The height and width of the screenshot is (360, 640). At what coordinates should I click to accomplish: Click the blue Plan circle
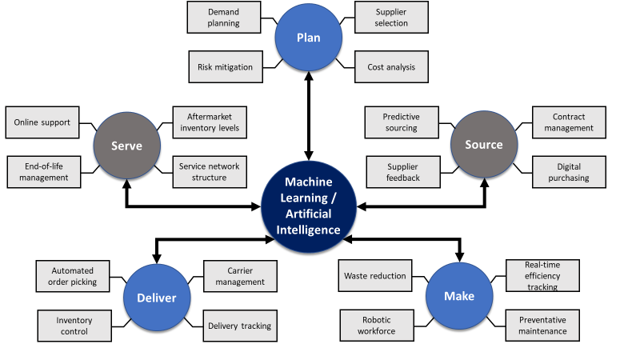[308, 38]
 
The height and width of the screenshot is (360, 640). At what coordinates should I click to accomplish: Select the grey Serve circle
[126, 146]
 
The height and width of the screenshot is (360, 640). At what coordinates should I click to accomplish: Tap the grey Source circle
[483, 145]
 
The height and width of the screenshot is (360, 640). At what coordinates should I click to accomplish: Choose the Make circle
[459, 296]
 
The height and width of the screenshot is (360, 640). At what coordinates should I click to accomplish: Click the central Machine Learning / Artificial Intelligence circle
[308, 206]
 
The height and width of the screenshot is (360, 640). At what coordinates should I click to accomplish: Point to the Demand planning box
[223, 18]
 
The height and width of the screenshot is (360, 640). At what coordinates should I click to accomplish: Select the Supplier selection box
[392, 18]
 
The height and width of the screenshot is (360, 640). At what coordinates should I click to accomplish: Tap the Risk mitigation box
[223, 67]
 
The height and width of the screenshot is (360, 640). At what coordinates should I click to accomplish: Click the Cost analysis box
[392, 67]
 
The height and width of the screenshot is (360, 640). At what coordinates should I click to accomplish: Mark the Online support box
[42, 122]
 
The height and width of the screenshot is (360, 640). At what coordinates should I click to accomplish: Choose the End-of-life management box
[44, 172]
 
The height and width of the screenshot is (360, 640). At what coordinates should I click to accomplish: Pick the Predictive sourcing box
[401, 122]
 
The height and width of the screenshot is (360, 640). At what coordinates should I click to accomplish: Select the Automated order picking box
[74, 276]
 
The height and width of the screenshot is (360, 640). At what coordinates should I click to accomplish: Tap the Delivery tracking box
[239, 326]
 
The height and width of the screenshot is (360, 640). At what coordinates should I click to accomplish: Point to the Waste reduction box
[374, 276]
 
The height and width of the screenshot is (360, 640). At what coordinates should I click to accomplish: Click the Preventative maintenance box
[542, 325]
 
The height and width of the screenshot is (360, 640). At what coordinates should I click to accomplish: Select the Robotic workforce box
[377, 325]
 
